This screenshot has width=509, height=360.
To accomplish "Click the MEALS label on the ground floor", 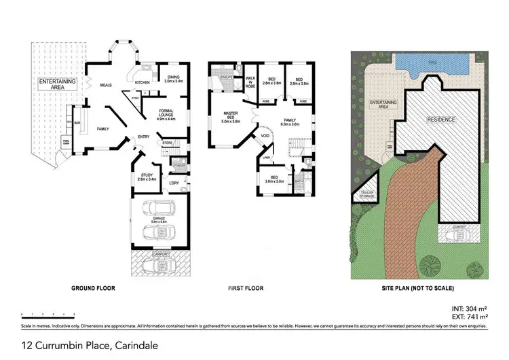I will [106, 86].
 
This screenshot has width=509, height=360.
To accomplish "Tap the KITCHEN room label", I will [142, 82].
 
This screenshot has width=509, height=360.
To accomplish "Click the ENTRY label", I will [143, 137].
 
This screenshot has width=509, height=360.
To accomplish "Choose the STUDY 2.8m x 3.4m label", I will [147, 177].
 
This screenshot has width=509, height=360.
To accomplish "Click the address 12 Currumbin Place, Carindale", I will [90, 346].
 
